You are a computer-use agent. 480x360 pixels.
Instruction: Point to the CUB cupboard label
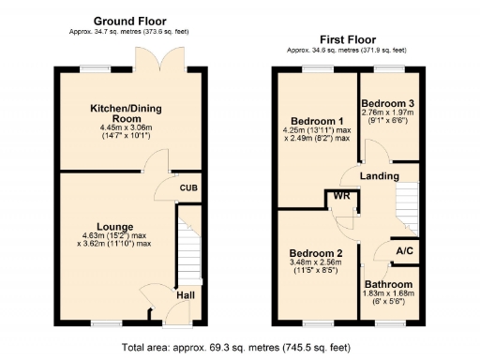click(x=188, y=187)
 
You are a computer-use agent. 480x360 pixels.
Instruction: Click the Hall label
click(x=187, y=297)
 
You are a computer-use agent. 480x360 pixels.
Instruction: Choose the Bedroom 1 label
click(x=316, y=120)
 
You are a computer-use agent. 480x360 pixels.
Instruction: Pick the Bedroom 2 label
click(x=315, y=254)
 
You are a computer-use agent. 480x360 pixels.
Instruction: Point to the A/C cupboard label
click(x=405, y=251)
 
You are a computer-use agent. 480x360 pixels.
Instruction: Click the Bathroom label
click(x=388, y=284)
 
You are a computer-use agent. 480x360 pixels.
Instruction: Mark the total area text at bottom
click(x=236, y=347)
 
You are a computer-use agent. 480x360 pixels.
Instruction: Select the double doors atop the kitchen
click(x=153, y=62)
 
